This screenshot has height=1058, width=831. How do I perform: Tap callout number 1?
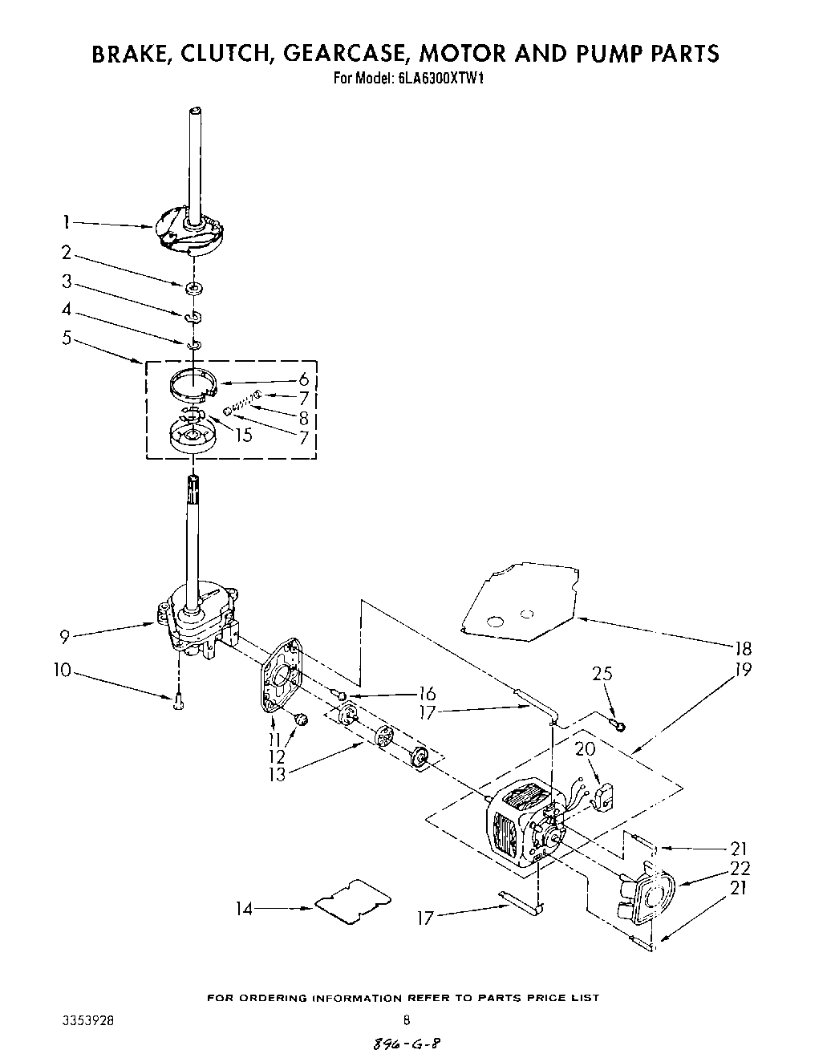coord(68,222)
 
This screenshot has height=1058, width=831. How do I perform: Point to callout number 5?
coord(67,338)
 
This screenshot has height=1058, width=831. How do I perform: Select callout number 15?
coord(243,436)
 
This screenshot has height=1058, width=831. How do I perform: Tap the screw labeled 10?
coord(176,703)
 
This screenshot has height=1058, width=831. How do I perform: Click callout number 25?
coord(602,674)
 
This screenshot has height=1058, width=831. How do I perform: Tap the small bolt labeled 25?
coord(618,726)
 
